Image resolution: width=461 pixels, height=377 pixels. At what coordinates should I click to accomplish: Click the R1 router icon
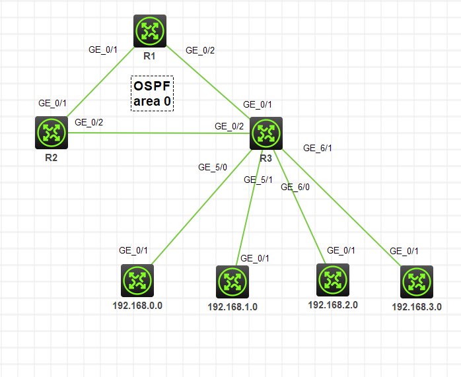(x=149, y=31)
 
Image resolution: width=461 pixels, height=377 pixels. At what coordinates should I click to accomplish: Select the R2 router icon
(x=52, y=133)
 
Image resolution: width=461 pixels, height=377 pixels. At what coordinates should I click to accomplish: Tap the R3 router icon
(x=266, y=133)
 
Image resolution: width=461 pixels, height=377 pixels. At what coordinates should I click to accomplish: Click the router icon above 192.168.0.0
(x=137, y=281)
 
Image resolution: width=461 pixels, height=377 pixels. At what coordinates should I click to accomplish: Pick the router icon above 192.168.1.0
(x=232, y=282)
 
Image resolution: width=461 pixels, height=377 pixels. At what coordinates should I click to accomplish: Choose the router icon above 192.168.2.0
(x=333, y=279)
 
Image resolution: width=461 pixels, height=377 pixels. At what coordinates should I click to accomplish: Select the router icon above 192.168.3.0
(x=417, y=282)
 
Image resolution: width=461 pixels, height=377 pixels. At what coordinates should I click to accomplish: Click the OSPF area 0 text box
(x=152, y=93)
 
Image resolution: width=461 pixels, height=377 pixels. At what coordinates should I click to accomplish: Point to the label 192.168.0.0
(x=137, y=306)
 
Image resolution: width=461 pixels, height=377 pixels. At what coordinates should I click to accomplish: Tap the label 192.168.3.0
(x=417, y=307)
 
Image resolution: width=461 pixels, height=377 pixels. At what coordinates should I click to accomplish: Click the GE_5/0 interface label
(x=213, y=167)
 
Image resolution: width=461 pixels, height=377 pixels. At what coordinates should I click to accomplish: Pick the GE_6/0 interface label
(x=295, y=187)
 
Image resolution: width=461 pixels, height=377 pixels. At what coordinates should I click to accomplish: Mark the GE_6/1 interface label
(x=317, y=148)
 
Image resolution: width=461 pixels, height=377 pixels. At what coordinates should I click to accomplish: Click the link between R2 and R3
(x=159, y=133)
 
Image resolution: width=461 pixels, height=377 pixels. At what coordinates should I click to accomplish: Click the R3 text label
(x=266, y=158)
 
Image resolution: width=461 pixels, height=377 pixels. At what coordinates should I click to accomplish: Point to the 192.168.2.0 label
(x=333, y=304)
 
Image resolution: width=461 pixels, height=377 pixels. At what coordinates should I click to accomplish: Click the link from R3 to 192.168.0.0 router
(x=198, y=211)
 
